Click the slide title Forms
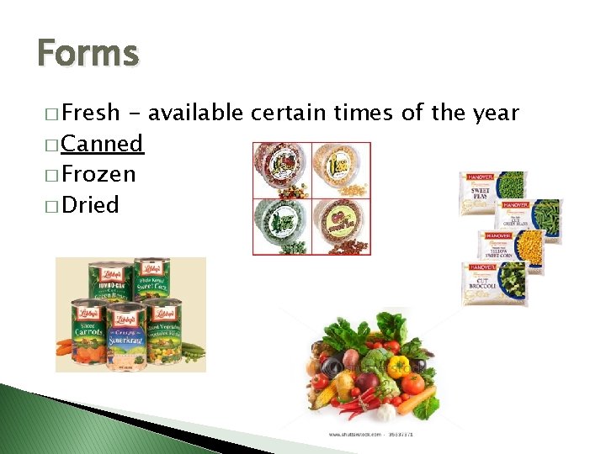point(88,53)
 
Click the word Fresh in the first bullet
point(91,113)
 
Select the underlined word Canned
point(103,144)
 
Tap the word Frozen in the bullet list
point(98,175)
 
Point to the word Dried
point(90,205)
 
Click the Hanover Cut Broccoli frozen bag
point(495,284)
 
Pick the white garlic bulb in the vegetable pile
point(385,412)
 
